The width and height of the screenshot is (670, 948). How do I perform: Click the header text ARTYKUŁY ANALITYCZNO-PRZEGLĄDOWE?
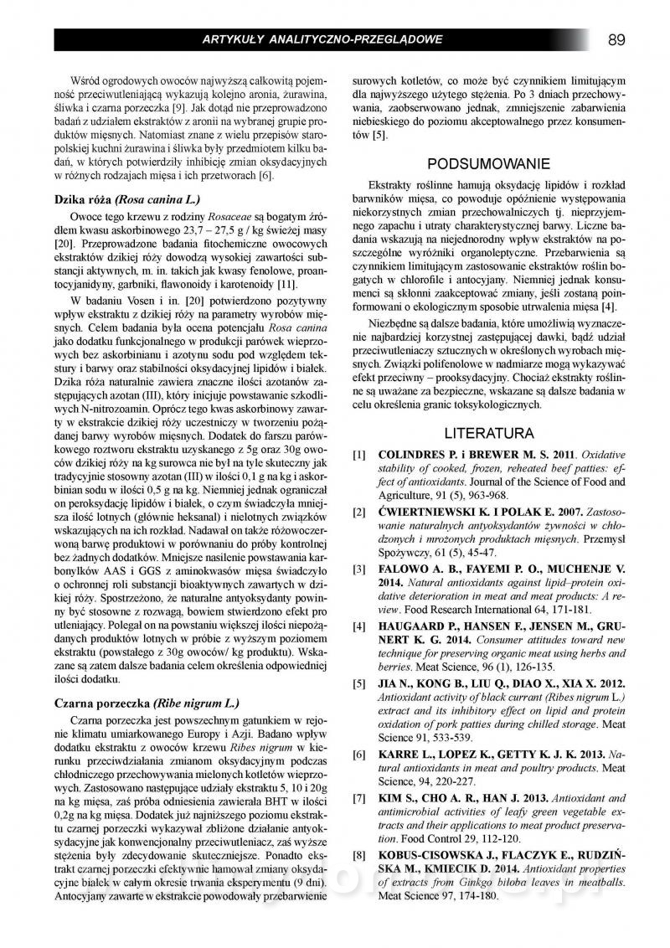coord(322,39)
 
